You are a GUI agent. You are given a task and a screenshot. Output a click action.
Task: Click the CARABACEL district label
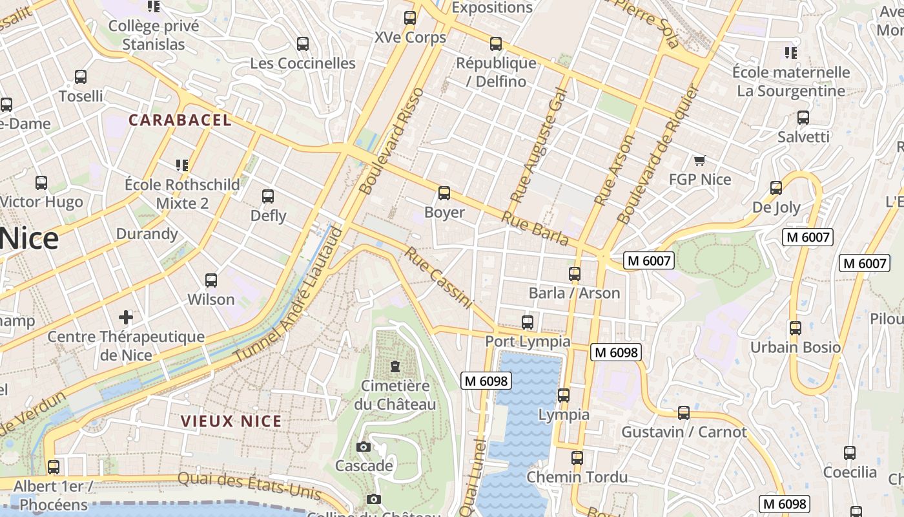click(x=180, y=120)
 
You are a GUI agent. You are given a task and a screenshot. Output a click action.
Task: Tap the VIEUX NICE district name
click(x=231, y=421)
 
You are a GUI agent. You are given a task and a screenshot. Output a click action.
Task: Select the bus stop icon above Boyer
click(x=444, y=193)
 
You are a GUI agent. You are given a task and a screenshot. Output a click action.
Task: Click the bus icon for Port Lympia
click(x=528, y=322)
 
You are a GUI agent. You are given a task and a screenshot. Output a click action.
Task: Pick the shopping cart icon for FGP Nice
click(x=699, y=160)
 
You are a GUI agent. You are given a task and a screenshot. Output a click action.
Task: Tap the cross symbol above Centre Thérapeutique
click(x=126, y=317)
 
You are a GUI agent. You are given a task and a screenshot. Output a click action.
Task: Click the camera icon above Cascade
click(x=364, y=447)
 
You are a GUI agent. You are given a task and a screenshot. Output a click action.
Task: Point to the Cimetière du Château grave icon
click(x=395, y=367)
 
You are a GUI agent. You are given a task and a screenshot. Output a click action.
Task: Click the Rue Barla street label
click(x=535, y=229)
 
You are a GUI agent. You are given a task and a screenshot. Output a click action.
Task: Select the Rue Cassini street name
click(x=439, y=277)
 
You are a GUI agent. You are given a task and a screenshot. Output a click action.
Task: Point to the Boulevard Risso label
click(x=391, y=141)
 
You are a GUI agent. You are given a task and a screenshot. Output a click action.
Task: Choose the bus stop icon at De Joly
click(x=776, y=188)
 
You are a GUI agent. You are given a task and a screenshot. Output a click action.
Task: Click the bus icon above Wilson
click(x=211, y=280)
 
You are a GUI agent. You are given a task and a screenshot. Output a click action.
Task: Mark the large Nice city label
click(x=30, y=239)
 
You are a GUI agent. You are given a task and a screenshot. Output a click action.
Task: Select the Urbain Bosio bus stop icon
click(x=796, y=328)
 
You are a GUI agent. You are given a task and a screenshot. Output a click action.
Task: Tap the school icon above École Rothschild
click(x=182, y=165)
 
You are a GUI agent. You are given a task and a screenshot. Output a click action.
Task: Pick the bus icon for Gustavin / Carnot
click(x=684, y=412)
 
